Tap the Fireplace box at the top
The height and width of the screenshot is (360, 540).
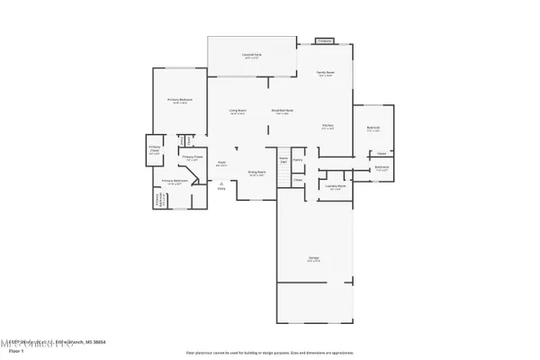click(x=325, y=40)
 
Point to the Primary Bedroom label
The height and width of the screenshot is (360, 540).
click(x=178, y=101)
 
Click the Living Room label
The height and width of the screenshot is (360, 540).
click(x=238, y=112)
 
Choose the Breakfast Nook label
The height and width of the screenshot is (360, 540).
click(x=282, y=112)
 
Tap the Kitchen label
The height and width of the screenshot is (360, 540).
click(x=329, y=127)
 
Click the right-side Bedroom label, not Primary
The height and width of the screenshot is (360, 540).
click(x=373, y=129)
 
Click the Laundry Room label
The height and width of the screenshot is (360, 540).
click(x=336, y=187)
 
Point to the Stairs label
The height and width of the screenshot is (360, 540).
click(x=283, y=159)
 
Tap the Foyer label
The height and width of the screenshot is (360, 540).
click(x=221, y=164)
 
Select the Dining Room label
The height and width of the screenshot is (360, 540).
click(x=256, y=173)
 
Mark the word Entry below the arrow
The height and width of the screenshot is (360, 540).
click(x=221, y=188)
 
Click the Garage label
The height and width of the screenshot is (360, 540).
click(x=314, y=260)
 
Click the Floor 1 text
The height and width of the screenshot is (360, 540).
click(x=14, y=352)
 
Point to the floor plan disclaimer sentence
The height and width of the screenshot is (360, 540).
click(x=269, y=352)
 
